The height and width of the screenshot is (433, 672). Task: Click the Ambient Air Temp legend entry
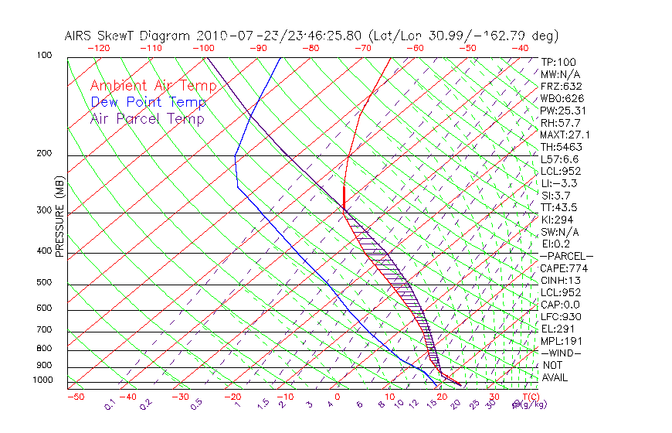[153, 86]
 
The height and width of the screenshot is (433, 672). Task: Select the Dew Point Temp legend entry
[148, 102]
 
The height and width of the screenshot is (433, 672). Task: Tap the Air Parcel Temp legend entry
[147, 118]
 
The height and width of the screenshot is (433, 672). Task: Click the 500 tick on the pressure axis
[44, 282]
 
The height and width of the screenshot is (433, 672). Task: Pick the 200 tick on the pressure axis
[44, 153]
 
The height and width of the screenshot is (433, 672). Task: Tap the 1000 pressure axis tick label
[42, 380]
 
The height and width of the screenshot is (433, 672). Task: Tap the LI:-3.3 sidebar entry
[558, 183]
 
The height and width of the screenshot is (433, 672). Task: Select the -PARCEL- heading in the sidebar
[566, 256]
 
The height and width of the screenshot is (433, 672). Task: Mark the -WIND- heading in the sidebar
[561, 353]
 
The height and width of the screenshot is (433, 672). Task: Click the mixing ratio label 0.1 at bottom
[110, 404]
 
